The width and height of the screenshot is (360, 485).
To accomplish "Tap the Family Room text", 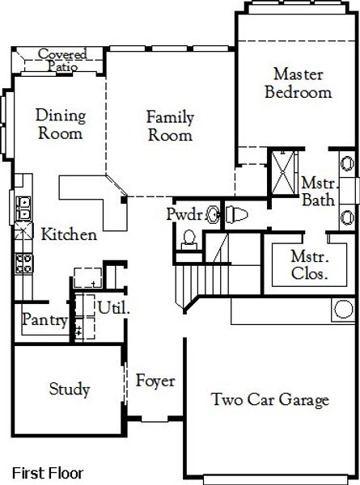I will coord(169,126).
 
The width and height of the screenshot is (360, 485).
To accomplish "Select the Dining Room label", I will coord(60,124).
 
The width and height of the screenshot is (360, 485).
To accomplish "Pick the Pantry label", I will coord(44,320).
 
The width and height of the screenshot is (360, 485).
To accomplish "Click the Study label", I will coord(69,390).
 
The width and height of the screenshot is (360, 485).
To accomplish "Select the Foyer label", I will coord(155,381).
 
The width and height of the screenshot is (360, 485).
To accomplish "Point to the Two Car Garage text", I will coord(269,399).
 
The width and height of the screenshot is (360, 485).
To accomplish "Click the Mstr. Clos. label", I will coord(309,265).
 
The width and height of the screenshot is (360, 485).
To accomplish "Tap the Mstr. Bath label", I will coord(316,191).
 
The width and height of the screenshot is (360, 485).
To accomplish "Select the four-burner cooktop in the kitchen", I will coord(22,263).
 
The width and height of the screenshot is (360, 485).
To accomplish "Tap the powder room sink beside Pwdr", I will coord(214,214).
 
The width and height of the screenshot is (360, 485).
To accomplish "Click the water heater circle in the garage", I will coord(344,308).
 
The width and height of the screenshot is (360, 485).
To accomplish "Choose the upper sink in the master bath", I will coord(345,163).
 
